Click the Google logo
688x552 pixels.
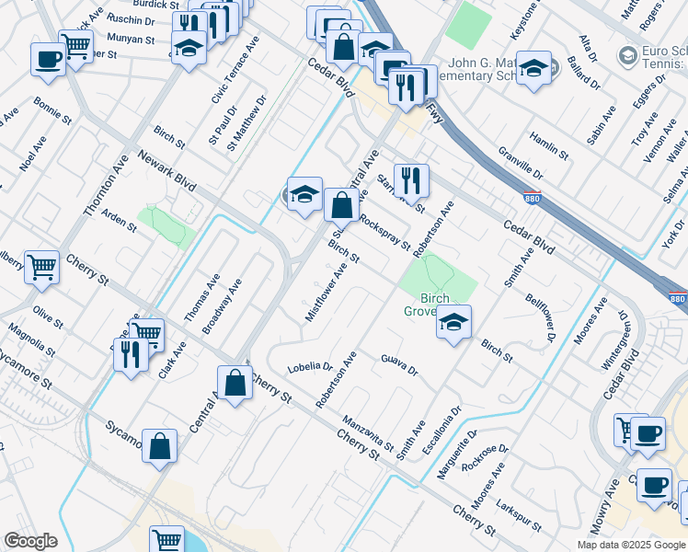coord(30,541)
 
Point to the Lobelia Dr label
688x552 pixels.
coord(309,366)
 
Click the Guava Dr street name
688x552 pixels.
coord(399,365)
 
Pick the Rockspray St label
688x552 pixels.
coord(385,232)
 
